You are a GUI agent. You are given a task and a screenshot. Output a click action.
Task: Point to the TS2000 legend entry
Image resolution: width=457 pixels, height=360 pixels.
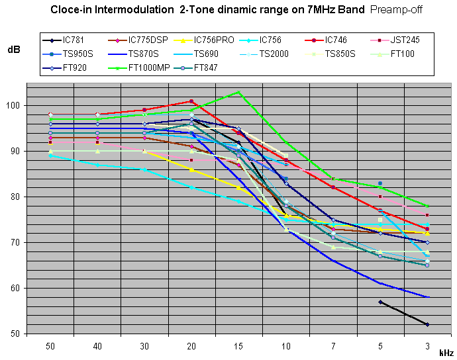tap(274, 54)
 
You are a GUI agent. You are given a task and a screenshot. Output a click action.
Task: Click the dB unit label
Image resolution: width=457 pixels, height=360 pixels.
tap(13, 50)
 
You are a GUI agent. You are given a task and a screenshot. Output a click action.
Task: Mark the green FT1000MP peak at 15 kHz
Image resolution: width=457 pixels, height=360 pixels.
tap(239, 93)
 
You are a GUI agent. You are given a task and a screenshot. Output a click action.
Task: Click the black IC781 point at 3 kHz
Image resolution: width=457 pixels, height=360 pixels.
tap(428, 324)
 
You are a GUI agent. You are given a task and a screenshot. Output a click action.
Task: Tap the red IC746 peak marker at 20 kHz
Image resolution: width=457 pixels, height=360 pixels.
tap(191, 101)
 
